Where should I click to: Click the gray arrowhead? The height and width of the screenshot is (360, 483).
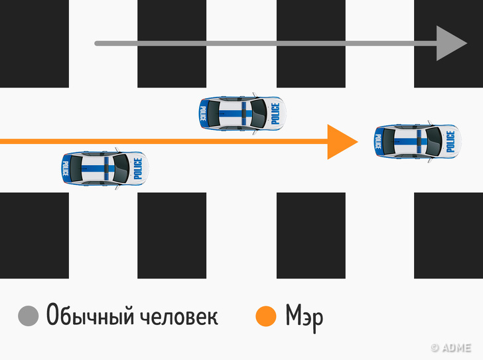[451, 43]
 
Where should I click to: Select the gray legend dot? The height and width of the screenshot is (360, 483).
[29, 316]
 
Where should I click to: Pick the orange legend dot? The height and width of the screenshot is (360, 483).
[265, 316]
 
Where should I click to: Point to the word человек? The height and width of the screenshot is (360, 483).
[178, 316]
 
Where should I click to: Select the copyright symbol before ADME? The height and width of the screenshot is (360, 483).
[435, 347]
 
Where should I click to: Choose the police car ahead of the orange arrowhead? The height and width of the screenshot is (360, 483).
[417, 141]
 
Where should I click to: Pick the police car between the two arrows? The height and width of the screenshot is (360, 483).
[241, 113]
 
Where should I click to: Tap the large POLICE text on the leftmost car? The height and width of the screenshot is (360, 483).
[137, 169]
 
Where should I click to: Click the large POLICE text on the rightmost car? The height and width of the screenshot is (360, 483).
[450, 141]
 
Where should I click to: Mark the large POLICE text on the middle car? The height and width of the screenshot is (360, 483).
[275, 113]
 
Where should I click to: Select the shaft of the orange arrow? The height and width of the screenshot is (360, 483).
[166, 141]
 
